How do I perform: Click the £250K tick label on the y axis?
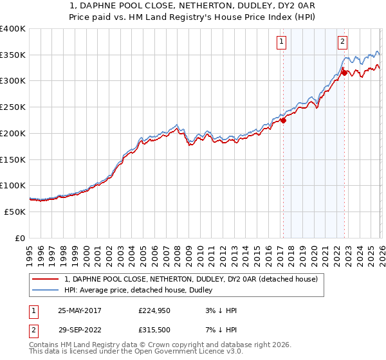pos(12,107)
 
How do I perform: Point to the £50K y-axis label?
pos(14,212)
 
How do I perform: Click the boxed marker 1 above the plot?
pos(282,42)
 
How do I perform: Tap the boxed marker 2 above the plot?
pos(343,42)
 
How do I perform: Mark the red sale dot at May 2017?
pos(283,120)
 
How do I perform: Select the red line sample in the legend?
pos(46,279)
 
